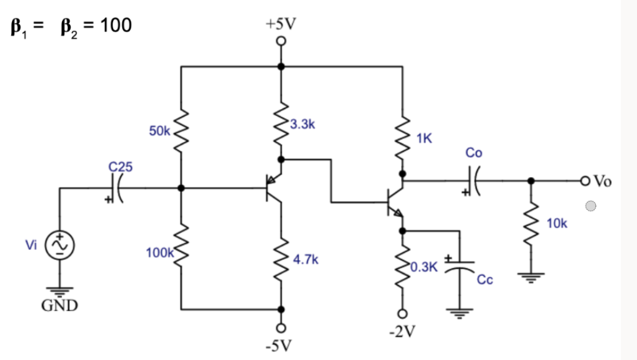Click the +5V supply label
click(281, 24)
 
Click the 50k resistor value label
click(160, 131)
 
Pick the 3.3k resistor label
click(303, 125)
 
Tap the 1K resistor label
click(424, 139)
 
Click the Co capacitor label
click(474, 153)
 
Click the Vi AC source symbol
click(61, 246)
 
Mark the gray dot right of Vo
click(590, 207)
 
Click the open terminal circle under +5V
click(281, 42)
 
